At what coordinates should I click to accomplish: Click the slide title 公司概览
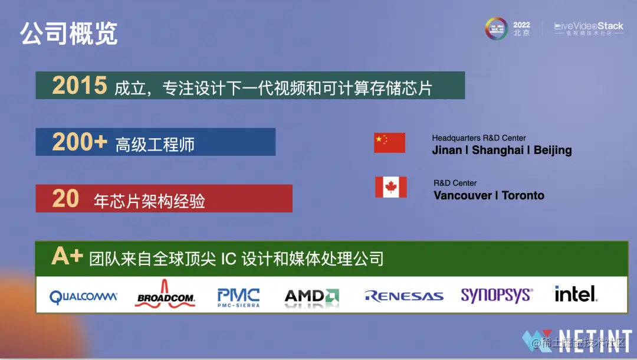(69, 34)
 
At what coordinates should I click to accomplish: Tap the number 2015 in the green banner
(80, 86)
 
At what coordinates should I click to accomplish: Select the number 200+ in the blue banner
(80, 142)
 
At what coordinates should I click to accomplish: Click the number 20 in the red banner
(65, 199)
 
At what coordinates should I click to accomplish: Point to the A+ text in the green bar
(67, 256)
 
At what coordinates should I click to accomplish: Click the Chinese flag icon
(389, 143)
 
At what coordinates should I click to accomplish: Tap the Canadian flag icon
(390, 187)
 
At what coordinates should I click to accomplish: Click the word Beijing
(553, 150)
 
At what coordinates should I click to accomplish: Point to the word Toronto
(523, 195)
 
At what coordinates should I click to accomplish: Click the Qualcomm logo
(83, 297)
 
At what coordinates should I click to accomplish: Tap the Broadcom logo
(166, 296)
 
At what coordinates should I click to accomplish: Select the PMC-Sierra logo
(238, 296)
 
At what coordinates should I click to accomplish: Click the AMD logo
(311, 296)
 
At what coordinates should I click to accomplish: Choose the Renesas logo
(403, 296)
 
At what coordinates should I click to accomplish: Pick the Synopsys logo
(497, 295)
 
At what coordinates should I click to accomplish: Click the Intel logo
(576, 294)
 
